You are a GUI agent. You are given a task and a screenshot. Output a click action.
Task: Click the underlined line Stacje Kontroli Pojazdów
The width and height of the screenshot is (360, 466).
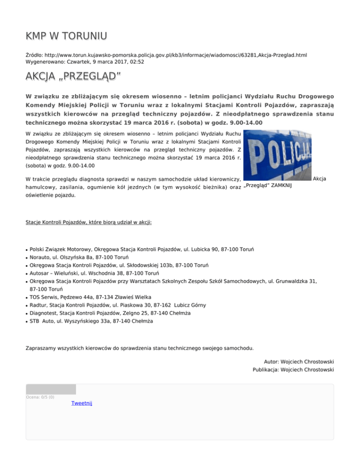click(x=89, y=221)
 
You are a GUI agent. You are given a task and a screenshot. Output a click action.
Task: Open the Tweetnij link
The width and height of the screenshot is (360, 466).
click(x=82, y=403)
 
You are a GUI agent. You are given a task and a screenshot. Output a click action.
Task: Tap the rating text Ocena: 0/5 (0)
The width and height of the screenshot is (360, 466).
click(x=40, y=397)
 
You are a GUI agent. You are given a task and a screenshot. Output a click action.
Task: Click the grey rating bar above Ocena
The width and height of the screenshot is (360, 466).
click(x=51, y=389)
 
